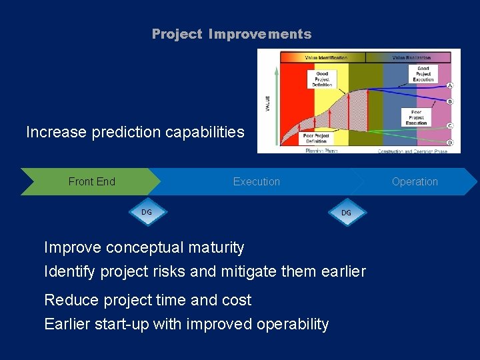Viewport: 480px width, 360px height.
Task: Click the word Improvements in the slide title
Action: pyautogui.click(x=260, y=34)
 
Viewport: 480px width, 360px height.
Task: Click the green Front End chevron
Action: pyautogui.click(x=91, y=181)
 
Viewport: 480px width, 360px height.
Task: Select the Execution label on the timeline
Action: pyautogui.click(x=257, y=181)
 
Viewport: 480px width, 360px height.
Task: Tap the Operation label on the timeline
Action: pyautogui.click(x=415, y=181)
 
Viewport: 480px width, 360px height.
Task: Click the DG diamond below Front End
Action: pyautogui.click(x=147, y=212)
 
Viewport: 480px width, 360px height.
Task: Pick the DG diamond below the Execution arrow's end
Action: pyautogui.click(x=346, y=213)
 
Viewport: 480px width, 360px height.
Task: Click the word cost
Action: pyautogui.click(x=236, y=300)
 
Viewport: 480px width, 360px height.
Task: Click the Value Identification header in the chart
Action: pyautogui.click(x=326, y=58)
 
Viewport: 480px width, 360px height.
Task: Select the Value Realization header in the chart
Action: pyautogui.click(x=411, y=58)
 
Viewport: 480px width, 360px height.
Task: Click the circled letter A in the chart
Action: pyautogui.click(x=449, y=85)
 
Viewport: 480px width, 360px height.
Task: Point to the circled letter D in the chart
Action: pyautogui.click(x=449, y=143)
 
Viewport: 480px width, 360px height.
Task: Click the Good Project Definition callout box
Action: pyautogui.click(x=323, y=79)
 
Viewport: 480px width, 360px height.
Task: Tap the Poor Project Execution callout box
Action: pyautogui.click(x=417, y=119)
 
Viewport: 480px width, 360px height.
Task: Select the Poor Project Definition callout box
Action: pyautogui.click(x=317, y=138)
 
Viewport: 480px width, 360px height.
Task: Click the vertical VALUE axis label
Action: pyautogui.click(x=268, y=103)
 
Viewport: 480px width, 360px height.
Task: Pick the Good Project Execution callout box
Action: pyautogui.click(x=423, y=73)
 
